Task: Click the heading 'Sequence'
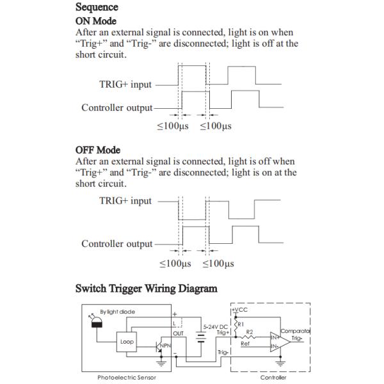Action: click(x=97, y=8)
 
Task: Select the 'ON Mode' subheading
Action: click(x=96, y=20)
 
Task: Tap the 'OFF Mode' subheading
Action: click(x=98, y=150)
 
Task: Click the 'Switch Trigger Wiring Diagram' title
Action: click(x=146, y=289)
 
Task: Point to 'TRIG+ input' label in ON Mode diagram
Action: click(x=125, y=84)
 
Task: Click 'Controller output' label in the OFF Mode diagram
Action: click(x=117, y=244)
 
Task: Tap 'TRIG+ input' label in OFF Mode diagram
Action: click(x=125, y=201)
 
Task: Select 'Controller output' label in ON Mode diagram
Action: click(x=117, y=108)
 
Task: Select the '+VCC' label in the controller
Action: click(x=240, y=310)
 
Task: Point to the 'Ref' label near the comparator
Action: click(x=244, y=343)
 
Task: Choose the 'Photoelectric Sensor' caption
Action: click(x=126, y=377)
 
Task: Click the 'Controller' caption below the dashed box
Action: click(x=273, y=377)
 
